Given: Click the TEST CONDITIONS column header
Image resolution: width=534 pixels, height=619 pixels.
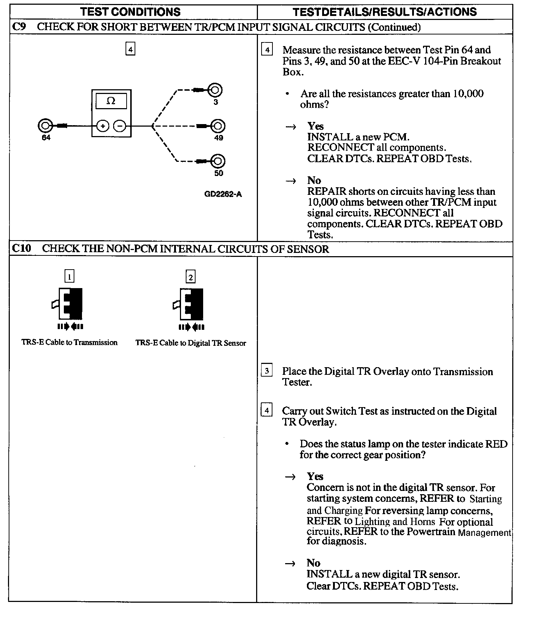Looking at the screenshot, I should click(x=131, y=12).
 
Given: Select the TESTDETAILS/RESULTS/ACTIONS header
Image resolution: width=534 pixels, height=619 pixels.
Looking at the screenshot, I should click(x=385, y=12).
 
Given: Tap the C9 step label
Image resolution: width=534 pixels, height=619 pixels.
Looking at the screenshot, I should click(x=19, y=27).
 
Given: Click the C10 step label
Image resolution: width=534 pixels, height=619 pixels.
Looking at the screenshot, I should click(x=21, y=249).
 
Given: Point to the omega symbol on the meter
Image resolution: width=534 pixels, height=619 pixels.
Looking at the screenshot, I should click(x=111, y=101).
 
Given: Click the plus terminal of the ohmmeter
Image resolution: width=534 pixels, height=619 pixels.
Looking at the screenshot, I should click(x=103, y=126).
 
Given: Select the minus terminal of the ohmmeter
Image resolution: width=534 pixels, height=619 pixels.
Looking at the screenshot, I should click(x=120, y=126).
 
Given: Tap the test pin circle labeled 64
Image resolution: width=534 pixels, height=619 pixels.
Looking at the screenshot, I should click(x=44, y=126).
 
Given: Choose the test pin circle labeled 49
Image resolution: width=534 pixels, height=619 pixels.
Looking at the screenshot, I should click(x=218, y=126).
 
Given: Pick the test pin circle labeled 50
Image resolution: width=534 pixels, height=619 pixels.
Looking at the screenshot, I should click(x=218, y=161).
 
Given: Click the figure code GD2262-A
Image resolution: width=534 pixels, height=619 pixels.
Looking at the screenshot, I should click(x=223, y=194).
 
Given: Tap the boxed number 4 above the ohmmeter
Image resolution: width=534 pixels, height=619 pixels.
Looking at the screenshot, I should click(x=130, y=49).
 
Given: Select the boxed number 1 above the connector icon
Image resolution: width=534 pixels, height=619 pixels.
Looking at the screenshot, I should click(x=69, y=277).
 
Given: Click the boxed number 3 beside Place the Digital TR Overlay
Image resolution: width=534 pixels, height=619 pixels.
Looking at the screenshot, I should click(x=267, y=371).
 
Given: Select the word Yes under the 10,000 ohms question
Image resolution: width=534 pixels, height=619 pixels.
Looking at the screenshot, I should click(x=315, y=126).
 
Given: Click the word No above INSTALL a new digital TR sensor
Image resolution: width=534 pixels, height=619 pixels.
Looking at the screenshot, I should click(x=313, y=563).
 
